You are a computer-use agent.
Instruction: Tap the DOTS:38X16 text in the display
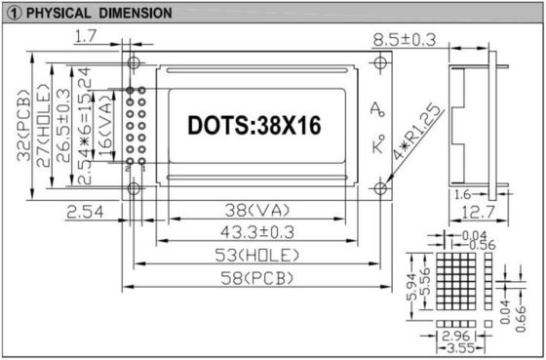click(253, 125)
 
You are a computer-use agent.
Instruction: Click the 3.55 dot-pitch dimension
click(455, 345)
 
